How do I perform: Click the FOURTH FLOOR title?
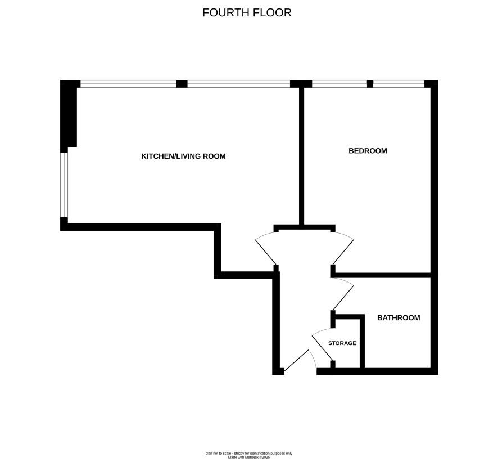(x=247, y=13)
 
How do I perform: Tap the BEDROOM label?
(x=368, y=151)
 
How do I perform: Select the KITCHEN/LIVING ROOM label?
(x=183, y=156)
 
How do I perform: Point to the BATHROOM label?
(x=399, y=317)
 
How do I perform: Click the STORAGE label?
(x=342, y=343)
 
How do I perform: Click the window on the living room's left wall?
(x=64, y=185)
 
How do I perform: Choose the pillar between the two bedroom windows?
(x=370, y=84)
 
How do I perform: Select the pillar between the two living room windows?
(x=182, y=84)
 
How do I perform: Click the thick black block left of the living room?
(x=69, y=116)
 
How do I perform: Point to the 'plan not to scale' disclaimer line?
(x=249, y=454)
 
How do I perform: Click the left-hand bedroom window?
(x=339, y=84)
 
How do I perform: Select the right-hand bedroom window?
(x=399, y=84)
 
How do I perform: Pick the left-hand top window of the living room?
(x=128, y=84)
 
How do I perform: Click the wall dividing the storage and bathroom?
(x=362, y=341)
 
